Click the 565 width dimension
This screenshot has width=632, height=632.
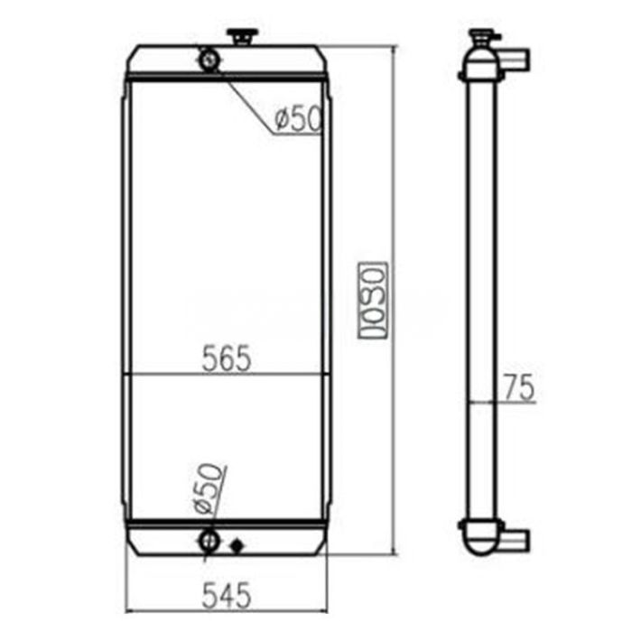coord(227,358)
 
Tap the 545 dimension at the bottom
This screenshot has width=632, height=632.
coord(227,595)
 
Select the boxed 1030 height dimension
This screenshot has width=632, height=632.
coord(373,301)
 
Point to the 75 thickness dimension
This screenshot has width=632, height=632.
coord(519,387)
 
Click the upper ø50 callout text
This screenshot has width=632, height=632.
coord(298,118)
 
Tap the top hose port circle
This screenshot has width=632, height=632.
coord(209,60)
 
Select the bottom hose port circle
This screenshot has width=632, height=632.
coord(209,541)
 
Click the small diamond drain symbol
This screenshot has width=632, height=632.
coord(237,545)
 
